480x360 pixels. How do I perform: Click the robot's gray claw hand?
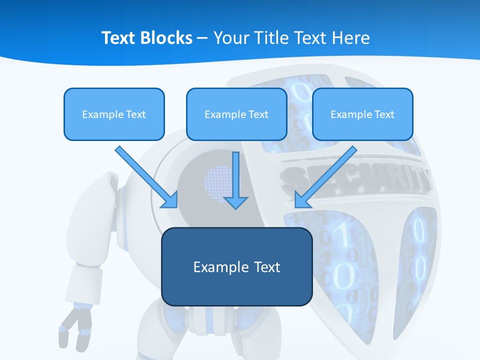(x=75, y=328)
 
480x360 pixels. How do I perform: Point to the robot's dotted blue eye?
(x=217, y=180)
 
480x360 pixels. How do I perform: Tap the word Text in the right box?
(x=384, y=114)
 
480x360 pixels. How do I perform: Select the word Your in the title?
(x=229, y=38)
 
